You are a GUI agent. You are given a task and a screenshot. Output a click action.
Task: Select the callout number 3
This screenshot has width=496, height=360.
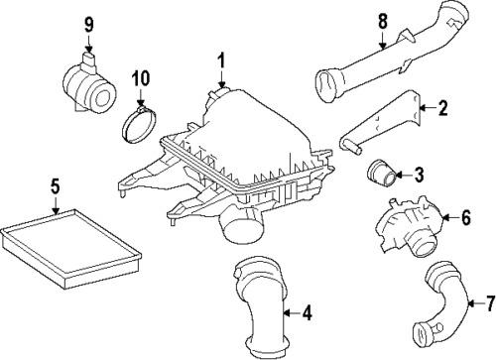pyautogui.click(x=418, y=176)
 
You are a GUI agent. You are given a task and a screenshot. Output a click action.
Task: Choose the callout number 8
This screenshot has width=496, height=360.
pyautogui.click(x=382, y=19)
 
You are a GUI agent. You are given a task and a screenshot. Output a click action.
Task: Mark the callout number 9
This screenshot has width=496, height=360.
pyautogui.click(x=88, y=23)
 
